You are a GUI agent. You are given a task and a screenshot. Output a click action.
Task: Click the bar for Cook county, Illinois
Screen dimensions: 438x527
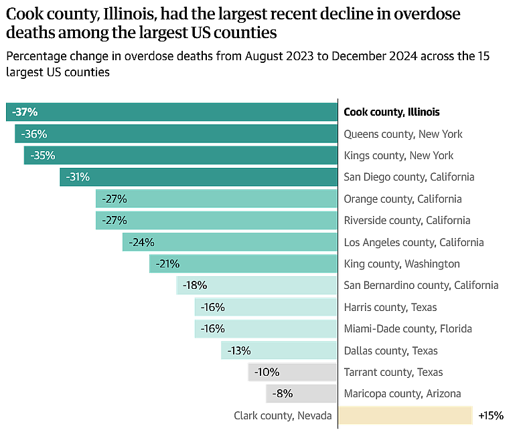[x=171, y=112]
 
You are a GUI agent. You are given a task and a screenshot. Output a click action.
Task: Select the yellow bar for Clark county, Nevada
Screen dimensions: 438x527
[x=405, y=415]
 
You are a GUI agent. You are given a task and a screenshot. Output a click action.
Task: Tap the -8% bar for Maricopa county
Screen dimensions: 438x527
[x=301, y=394]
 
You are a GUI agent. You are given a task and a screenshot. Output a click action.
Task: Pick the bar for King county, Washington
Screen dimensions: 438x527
[x=243, y=264]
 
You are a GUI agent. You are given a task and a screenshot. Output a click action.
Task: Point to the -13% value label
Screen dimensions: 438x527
[x=239, y=350]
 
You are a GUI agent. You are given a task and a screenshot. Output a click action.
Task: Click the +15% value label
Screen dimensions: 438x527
[x=490, y=416]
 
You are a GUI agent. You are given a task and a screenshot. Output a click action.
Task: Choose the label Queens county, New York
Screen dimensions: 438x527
[x=402, y=134]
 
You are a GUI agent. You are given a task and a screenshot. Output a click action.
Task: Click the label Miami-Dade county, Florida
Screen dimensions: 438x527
[x=407, y=329]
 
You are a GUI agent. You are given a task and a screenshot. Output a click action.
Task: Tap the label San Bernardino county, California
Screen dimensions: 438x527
[x=421, y=286]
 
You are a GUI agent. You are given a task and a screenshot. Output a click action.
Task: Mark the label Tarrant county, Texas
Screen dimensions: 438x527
[x=393, y=372]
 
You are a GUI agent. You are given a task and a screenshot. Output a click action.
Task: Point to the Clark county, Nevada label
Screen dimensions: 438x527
[x=283, y=416]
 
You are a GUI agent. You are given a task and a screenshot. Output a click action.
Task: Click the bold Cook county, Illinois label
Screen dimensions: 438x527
[x=391, y=112]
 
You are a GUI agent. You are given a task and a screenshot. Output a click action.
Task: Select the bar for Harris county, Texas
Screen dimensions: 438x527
[x=266, y=308]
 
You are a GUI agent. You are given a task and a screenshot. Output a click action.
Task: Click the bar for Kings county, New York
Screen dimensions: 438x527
[x=180, y=156]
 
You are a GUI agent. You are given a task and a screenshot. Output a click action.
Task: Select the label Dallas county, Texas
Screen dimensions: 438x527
[x=390, y=350]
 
